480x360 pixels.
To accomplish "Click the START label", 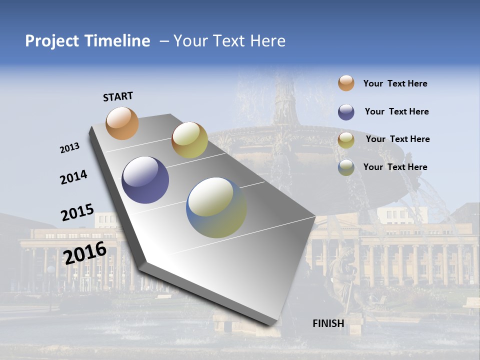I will pos(118,96).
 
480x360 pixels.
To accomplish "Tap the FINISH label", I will pos(328,323).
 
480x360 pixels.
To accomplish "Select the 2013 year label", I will pos(69,148).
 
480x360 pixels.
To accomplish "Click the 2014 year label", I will pos(73,177).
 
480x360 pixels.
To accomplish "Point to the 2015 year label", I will pos(77,212).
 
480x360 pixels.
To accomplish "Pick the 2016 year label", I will pos(85,252).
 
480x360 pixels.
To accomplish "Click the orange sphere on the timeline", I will pos(122,123).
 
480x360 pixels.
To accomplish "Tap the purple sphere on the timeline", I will pos(145,180).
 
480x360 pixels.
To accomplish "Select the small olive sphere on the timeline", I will pos(189,140).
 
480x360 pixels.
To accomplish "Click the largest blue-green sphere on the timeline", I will pos(216,207).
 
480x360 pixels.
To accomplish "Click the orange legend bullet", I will pos(346,83).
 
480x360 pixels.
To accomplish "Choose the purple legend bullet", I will pos(346,111).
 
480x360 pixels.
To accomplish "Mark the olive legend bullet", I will pos(346,139).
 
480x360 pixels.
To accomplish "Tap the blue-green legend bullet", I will pos(346,167).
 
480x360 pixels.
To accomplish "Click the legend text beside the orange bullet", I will pos(395,84).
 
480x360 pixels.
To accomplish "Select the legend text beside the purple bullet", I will pos(396,111).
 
